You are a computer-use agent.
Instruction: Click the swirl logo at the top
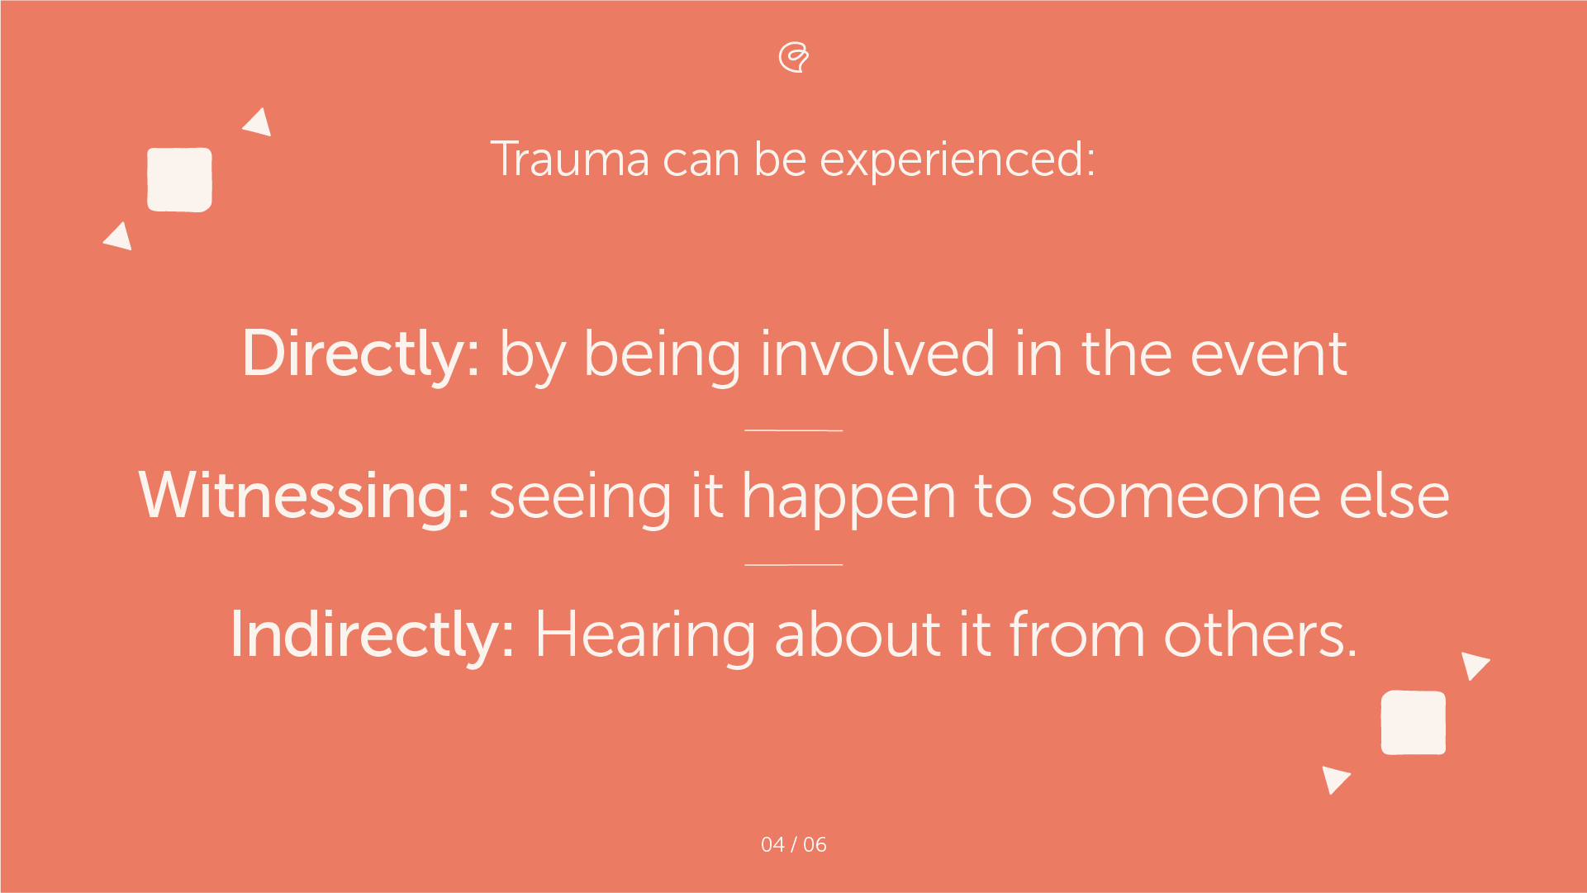pos(794,57)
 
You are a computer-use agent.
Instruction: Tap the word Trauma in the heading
pos(569,159)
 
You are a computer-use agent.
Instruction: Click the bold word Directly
pos(360,354)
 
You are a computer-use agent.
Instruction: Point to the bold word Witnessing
pos(304,496)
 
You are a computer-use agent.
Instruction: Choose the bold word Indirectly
pos(373,634)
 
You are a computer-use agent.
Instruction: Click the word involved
pos(877,354)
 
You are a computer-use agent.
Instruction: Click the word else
pos(1395,496)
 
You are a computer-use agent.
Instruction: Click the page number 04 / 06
pos(793,844)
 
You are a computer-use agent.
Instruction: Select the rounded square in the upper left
pos(179,180)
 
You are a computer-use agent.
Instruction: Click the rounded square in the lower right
pos(1413,723)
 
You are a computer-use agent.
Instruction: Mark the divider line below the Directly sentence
pos(793,430)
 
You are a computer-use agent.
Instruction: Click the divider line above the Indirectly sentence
pos(793,565)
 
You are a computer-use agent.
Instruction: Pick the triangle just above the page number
pos(1333,778)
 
